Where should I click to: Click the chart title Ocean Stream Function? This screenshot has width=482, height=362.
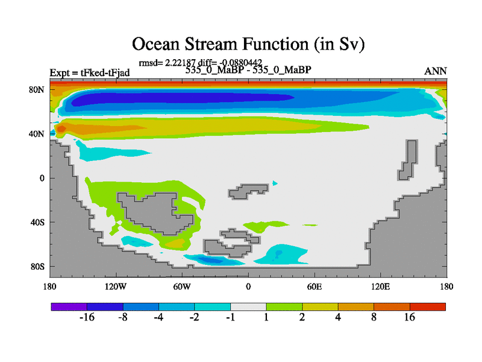248,44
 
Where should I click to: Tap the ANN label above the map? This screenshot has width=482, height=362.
435,71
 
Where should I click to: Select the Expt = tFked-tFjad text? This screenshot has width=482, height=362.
90,72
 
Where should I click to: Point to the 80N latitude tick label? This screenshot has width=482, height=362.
37,89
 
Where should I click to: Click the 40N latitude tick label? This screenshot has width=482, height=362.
37,134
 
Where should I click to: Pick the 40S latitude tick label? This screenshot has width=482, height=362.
37,222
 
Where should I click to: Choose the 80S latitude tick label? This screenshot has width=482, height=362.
37,267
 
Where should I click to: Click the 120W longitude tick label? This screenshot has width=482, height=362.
116,287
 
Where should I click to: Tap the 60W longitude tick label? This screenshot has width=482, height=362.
182,287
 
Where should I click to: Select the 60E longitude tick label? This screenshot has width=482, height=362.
315,287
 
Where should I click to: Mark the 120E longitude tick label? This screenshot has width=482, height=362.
381,287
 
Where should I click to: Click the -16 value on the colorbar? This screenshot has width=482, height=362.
87,317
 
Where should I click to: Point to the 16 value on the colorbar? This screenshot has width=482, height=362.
410,317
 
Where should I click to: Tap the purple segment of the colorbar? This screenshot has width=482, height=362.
69,306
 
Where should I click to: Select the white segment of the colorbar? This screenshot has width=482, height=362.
248,306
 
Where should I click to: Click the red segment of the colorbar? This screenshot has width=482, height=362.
428,306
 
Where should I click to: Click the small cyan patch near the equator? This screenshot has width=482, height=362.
275,183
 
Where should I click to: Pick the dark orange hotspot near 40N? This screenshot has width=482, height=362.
61,129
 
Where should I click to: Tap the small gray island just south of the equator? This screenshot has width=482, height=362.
248,191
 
